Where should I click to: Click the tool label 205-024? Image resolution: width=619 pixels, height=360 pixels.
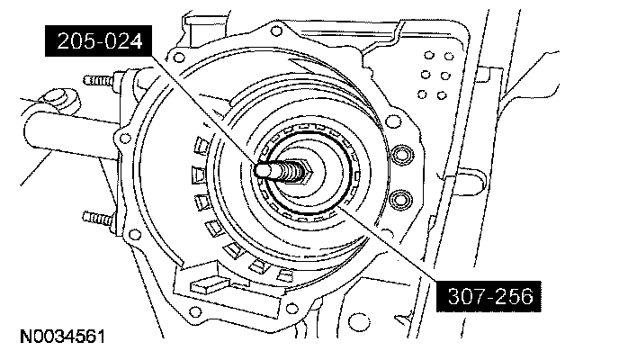(98, 41)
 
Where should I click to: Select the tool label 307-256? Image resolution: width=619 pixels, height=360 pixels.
(489, 296)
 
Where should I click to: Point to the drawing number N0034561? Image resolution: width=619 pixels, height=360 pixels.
(63, 337)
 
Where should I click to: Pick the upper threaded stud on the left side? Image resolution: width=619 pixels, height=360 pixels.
(99, 81)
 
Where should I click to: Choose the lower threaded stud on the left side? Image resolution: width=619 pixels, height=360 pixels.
(98, 218)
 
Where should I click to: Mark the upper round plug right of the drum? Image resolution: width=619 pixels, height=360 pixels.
(401, 155)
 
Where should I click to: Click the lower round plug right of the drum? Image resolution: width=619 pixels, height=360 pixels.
(400, 200)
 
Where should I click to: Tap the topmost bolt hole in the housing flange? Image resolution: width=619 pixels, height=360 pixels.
(277, 31)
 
